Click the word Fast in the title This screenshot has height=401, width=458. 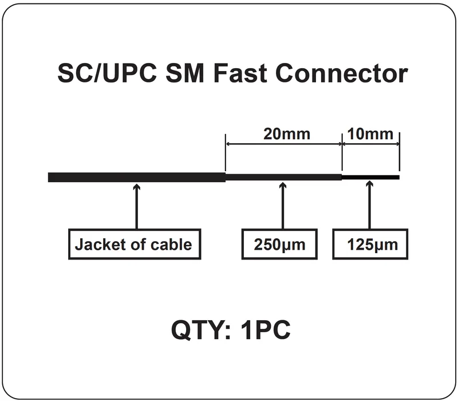pos(239,73)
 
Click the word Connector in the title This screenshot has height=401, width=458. pos(341,73)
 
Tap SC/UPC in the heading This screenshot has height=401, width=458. pos(107,73)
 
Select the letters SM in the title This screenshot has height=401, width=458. pos(185,73)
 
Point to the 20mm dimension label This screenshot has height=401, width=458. pos(287,134)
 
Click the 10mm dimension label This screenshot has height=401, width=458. pos(370,134)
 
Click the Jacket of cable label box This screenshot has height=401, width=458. pos(135,244)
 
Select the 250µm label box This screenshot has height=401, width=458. pos(279,244)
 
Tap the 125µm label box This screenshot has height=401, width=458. pos(370,244)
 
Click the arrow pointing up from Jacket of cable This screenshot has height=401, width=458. pos(136,206)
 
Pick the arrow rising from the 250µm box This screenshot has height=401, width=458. pos(282,206)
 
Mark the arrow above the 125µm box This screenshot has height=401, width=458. pos(369,205)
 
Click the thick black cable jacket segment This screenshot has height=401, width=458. pos(137,178)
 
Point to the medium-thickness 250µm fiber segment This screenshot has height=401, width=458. pos(283,178)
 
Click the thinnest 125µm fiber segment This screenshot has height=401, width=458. pos(370,178)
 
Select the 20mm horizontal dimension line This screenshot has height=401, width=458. pos(284,144)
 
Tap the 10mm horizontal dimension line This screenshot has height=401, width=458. pos(370,144)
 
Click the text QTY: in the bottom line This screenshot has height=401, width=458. pos(202,330)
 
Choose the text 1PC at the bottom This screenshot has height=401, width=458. pos(266,330)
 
